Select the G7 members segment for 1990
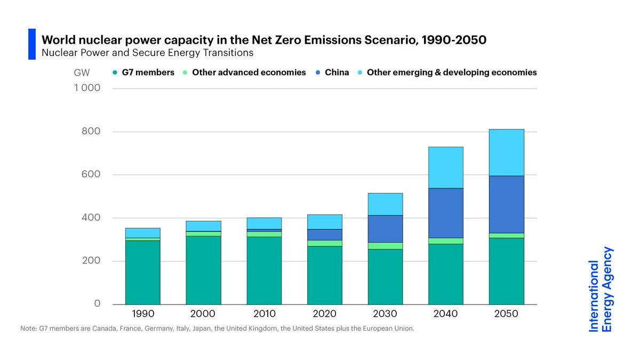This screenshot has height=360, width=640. click(x=142, y=272)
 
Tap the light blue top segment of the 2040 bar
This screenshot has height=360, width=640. click(x=445, y=167)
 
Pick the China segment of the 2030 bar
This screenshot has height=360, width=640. click(x=385, y=229)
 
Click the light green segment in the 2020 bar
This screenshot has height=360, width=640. click(x=324, y=243)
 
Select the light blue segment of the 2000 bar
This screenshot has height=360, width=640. click(x=203, y=226)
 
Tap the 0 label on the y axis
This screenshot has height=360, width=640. click(x=97, y=303)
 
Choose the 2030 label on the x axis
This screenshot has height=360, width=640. click(x=385, y=314)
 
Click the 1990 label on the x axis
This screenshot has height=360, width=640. click(x=142, y=314)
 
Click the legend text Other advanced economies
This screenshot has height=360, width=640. click(x=249, y=73)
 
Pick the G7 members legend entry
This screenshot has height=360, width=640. click(x=144, y=73)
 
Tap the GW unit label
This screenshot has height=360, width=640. click(x=83, y=72)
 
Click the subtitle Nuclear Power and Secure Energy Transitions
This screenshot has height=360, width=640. click(x=148, y=53)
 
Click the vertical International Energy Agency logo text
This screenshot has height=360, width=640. click(x=601, y=290)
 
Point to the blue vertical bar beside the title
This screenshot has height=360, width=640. click(x=32, y=44)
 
